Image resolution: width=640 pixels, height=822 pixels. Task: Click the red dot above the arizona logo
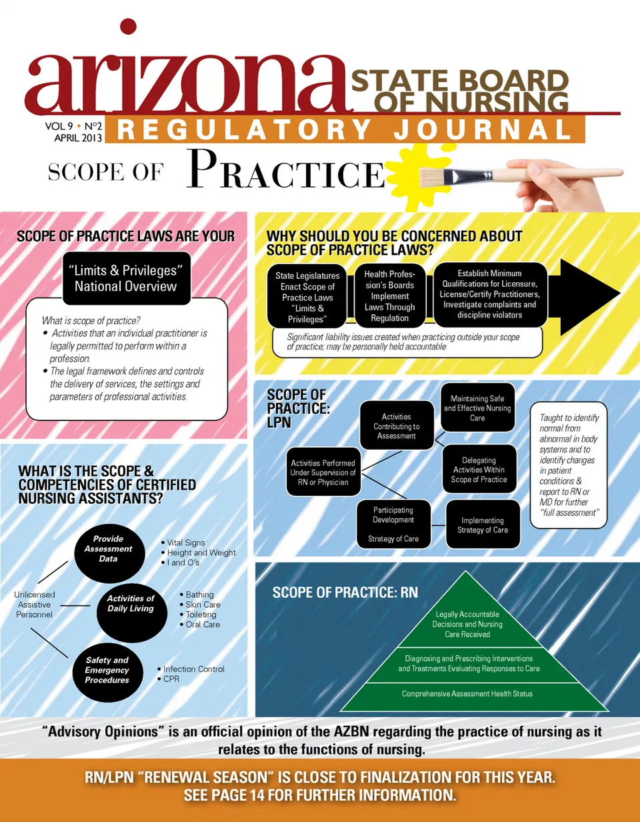click(x=128, y=27)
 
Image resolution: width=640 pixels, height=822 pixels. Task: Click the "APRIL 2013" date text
click(x=78, y=137)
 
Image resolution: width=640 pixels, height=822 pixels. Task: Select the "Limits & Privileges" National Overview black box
click(x=127, y=278)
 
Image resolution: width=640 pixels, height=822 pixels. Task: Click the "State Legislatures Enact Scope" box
click(x=307, y=296)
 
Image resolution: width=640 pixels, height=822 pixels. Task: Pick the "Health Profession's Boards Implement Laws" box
click(x=390, y=296)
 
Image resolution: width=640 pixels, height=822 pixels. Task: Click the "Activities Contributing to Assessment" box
click(x=397, y=426)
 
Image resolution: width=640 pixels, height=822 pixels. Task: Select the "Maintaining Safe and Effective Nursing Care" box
click(x=477, y=408)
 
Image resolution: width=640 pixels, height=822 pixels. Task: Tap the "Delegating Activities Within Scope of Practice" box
click(x=479, y=470)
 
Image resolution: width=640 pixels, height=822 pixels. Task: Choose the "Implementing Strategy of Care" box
click(x=483, y=524)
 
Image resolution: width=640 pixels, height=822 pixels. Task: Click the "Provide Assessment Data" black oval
click(x=109, y=553)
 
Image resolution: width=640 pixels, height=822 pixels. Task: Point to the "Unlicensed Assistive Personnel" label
click(x=35, y=604)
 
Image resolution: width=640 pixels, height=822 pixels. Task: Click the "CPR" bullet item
click(x=169, y=679)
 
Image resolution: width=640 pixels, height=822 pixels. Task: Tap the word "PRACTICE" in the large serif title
click(x=287, y=169)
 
